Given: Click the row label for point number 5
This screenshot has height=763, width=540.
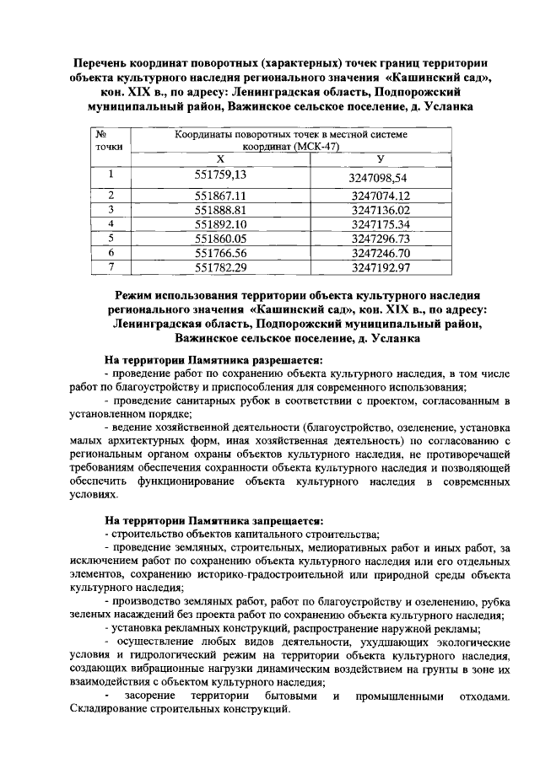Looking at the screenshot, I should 111,238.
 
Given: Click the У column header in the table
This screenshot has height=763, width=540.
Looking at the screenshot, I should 381,159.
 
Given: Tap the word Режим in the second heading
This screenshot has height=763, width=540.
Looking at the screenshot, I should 138,295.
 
